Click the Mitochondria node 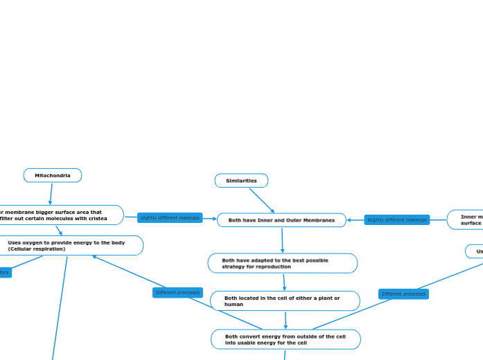click(53, 176)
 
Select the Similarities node click(241, 181)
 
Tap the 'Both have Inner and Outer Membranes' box click(281, 220)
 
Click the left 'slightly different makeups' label click(170, 218)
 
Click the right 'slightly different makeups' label click(397, 220)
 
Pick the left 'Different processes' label click(177, 293)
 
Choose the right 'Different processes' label click(403, 294)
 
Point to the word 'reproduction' click(274, 267)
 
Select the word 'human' click(234, 304)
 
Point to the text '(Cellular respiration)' click(37, 249)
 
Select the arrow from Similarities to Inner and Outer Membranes click(262, 201)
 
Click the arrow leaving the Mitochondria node click(51, 194)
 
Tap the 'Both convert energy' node click(286, 339)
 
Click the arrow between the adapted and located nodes click(284, 282)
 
